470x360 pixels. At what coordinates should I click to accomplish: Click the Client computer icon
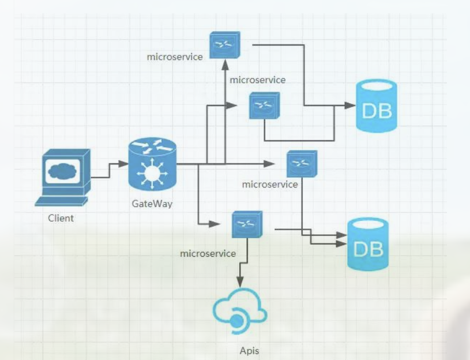tap(63, 178)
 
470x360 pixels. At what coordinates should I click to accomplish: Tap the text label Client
tap(61, 218)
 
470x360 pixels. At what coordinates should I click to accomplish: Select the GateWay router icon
tap(152, 164)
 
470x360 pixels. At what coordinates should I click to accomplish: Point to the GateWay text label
tap(152, 204)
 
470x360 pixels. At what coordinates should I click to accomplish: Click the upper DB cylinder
tap(377, 106)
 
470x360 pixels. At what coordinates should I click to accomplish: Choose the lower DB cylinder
tap(368, 244)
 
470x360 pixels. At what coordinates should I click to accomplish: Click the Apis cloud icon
tap(240, 311)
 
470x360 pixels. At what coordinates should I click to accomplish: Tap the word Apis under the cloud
tap(249, 351)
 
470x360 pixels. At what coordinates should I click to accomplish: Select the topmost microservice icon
tap(225, 45)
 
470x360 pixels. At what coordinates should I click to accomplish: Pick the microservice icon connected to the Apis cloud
tap(247, 224)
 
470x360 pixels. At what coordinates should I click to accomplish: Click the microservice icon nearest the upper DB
tap(264, 106)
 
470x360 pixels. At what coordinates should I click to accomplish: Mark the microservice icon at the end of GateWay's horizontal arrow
tap(302, 164)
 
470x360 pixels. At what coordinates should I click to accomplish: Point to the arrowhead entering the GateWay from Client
tap(123, 164)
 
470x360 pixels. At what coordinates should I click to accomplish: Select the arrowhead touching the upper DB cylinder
tap(350, 106)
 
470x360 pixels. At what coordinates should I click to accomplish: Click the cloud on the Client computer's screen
tap(62, 171)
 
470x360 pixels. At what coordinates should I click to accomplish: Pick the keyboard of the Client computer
tap(61, 202)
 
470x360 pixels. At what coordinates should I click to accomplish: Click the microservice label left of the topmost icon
tap(175, 57)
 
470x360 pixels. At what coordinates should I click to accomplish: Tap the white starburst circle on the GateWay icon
tap(152, 173)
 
